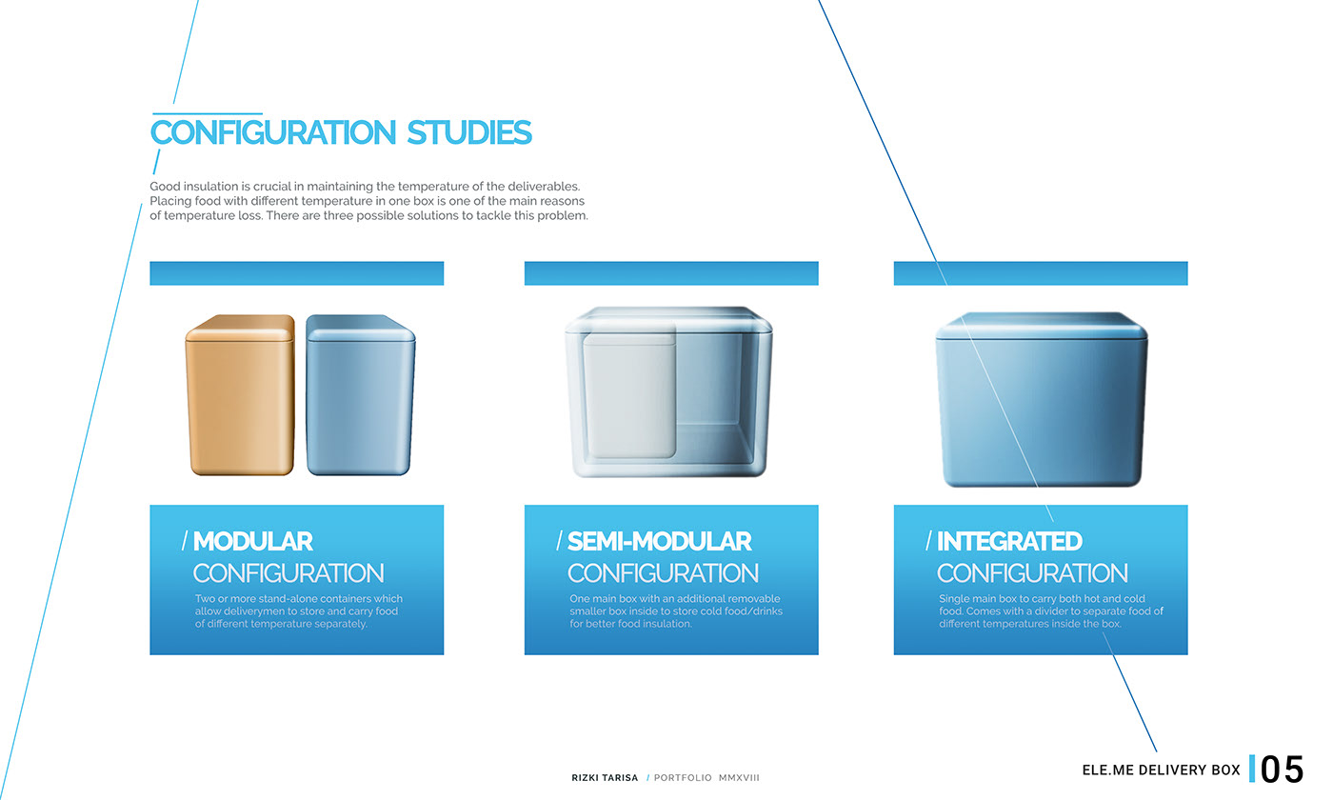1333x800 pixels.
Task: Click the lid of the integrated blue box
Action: (x=1041, y=327)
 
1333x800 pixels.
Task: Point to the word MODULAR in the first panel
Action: (x=252, y=542)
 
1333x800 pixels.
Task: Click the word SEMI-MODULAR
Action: (x=659, y=542)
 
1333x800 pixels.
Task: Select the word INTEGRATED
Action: (x=1009, y=542)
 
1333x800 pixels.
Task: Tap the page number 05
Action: (x=1282, y=770)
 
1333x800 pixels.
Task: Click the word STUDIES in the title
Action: (x=468, y=132)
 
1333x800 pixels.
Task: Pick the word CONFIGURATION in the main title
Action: (x=272, y=132)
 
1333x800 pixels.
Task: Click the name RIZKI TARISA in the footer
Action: (x=599, y=778)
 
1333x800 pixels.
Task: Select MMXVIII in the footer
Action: (x=739, y=778)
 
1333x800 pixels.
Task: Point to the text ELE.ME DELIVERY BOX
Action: (x=1161, y=770)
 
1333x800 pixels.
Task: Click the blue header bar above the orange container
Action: (x=296, y=273)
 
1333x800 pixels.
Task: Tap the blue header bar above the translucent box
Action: (x=670, y=273)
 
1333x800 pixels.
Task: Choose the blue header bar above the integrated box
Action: (x=1040, y=273)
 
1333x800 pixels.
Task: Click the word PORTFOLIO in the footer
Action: (x=683, y=778)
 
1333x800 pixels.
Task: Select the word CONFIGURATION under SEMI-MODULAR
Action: (x=663, y=573)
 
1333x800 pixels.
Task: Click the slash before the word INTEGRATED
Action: (x=928, y=541)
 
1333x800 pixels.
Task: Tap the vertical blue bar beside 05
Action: (x=1252, y=769)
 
